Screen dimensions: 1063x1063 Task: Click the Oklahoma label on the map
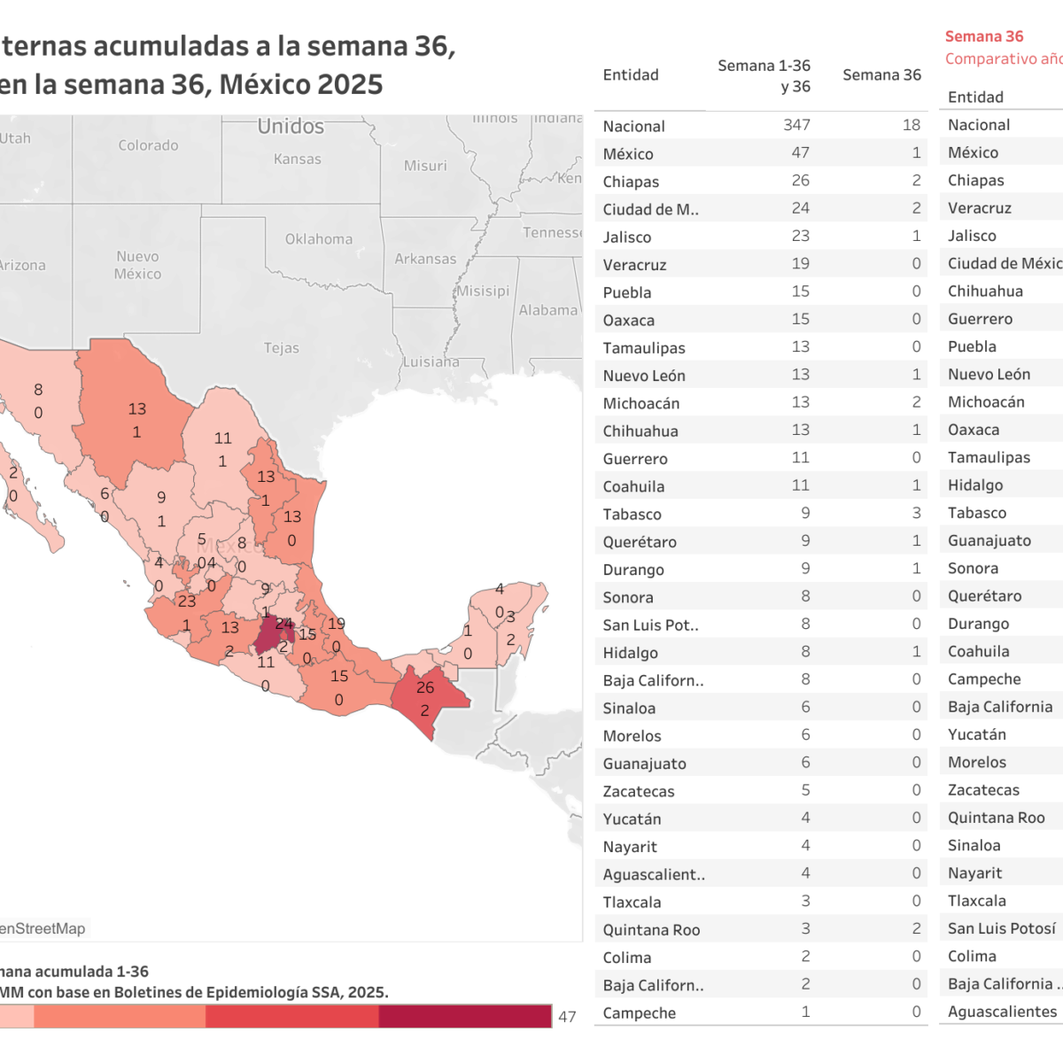318,239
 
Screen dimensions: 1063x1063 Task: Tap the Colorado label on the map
148,145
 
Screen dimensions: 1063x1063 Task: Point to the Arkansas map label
425,259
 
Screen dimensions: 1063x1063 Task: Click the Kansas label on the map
297,159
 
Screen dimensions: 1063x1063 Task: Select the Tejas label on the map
281,348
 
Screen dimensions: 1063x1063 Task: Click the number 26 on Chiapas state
425,687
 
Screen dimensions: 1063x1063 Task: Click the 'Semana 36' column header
881,75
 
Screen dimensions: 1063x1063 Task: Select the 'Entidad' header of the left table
631,75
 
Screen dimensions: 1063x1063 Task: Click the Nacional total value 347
796,125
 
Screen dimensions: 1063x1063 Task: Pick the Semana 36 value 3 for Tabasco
916,513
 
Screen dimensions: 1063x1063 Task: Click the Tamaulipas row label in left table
644,348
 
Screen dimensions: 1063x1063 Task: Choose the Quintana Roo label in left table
651,930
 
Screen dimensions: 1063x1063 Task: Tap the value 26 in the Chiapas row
800,181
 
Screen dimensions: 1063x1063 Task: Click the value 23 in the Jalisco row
800,236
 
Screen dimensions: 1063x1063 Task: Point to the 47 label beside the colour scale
567,1017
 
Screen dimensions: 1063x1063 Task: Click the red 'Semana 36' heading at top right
983,36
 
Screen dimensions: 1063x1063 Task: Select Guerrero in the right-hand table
980,319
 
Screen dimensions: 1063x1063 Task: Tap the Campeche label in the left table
639,1013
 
